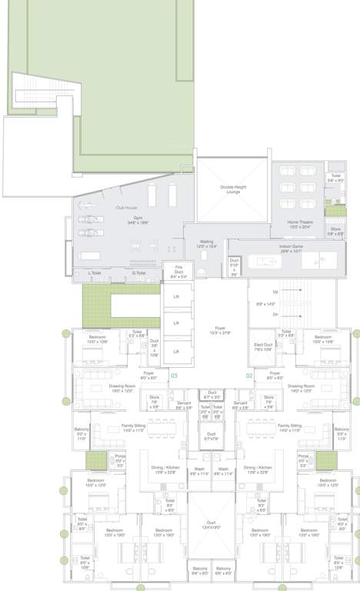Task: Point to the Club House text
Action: (x=126, y=208)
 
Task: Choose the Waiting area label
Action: (x=207, y=243)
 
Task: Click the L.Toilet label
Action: (x=95, y=272)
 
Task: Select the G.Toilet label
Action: (x=139, y=272)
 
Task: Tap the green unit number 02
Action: (x=249, y=376)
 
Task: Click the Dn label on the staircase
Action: (x=275, y=314)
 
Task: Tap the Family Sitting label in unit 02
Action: (x=290, y=427)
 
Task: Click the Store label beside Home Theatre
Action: (x=335, y=231)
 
